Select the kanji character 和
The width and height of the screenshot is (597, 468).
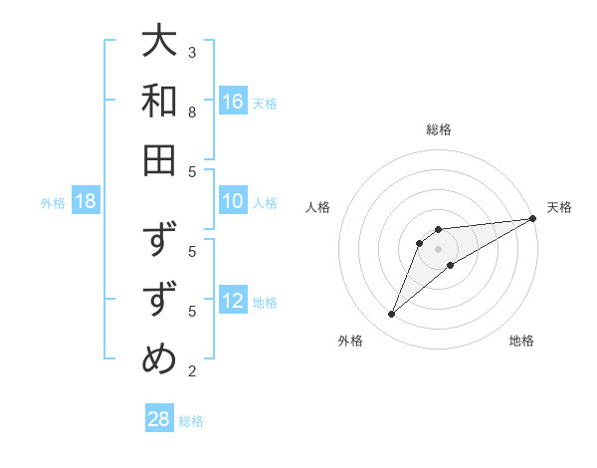159,101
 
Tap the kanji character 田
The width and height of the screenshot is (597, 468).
159,159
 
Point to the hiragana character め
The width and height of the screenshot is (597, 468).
159,359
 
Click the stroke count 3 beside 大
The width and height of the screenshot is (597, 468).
192,52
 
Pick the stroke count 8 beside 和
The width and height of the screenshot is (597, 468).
192,112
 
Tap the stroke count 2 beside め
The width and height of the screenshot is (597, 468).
192,371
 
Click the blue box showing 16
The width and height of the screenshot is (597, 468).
233,102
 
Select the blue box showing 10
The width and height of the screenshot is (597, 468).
233,202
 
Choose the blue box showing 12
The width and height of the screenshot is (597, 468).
233,302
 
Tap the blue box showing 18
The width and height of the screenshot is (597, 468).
86,202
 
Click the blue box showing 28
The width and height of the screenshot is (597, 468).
159,419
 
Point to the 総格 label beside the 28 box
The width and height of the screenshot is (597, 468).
191,421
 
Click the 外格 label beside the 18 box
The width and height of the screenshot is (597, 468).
53,203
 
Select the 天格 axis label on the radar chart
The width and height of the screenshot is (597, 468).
559,207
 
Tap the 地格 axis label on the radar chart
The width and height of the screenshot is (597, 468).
521,342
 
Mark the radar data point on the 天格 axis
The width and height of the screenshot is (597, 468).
532,219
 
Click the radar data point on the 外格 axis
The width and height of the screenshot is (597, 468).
391,315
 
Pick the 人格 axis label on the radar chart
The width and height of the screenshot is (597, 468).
318,207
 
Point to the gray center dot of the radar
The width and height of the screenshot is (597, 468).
439,249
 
